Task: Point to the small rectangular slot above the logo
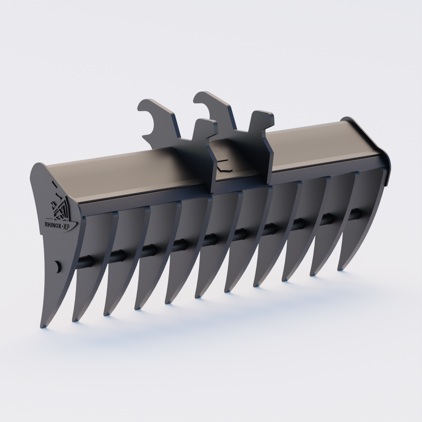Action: point(53,183)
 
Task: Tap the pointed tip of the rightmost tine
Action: point(340,269)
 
